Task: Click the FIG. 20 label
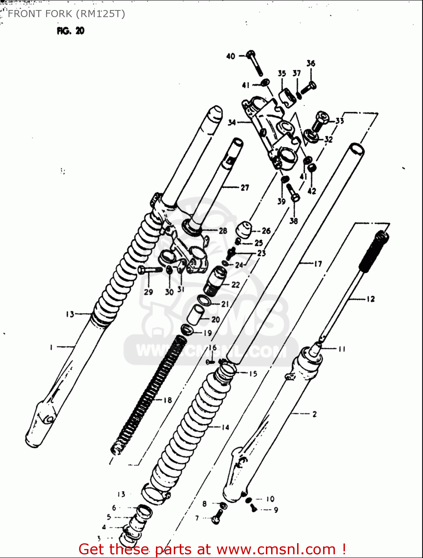[71, 31]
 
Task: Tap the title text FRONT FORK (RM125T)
[66, 14]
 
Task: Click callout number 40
[231, 56]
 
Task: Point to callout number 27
[245, 188]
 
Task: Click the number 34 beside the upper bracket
[232, 122]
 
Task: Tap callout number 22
[236, 285]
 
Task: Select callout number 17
[318, 264]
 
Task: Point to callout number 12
[371, 299]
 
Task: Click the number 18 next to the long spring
[168, 400]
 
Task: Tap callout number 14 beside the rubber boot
[225, 427]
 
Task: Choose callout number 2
[315, 414]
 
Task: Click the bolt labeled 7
[217, 517]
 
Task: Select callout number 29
[148, 292]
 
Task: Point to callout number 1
[51, 347]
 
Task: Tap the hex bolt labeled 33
[320, 120]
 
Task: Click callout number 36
[311, 64]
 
